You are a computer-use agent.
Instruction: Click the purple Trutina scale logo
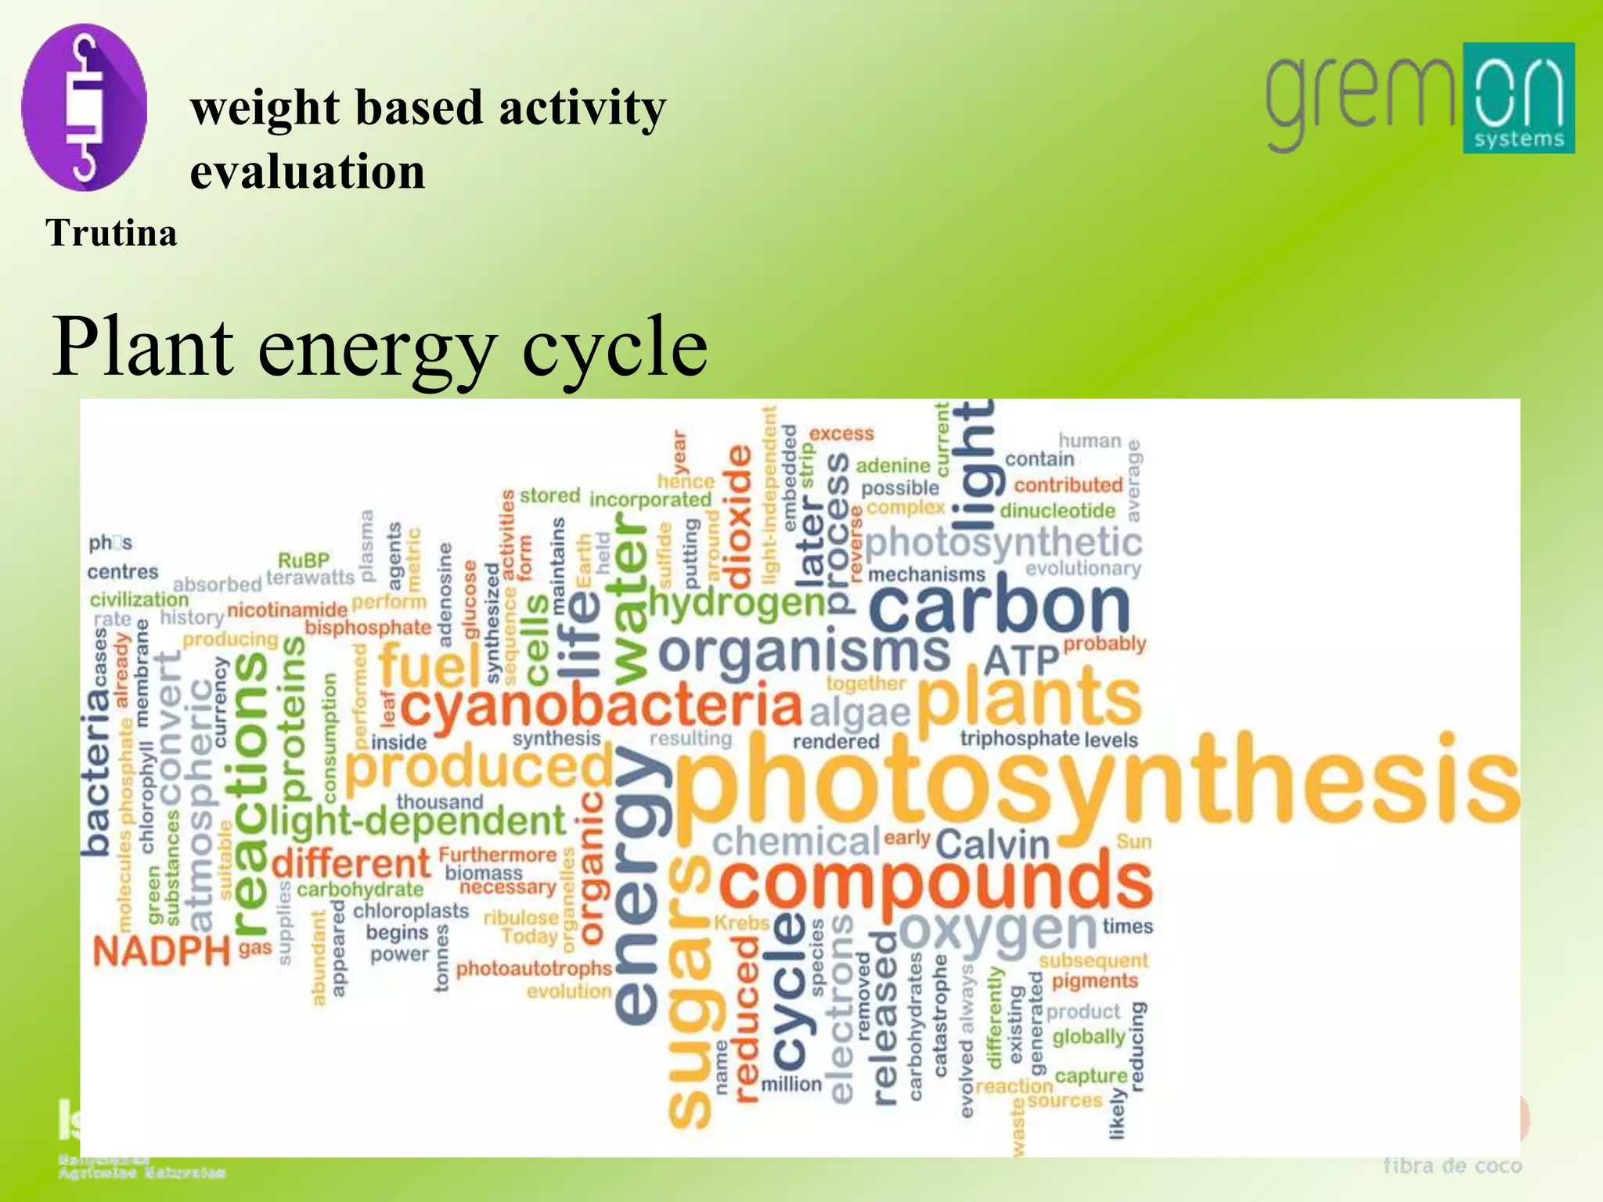coord(84,107)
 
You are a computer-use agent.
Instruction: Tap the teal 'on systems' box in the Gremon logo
coord(1518,98)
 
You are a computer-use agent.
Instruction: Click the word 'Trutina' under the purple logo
coord(111,233)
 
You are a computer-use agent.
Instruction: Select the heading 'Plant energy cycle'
coord(380,346)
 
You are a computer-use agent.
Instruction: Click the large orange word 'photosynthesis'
coord(1096,783)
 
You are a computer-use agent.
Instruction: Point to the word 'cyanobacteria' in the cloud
coord(601,707)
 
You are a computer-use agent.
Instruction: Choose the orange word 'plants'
coord(1028,699)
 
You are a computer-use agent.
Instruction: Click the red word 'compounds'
coord(935,882)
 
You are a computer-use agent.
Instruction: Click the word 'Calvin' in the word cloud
coord(992,845)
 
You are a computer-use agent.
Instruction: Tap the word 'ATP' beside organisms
coord(1020,660)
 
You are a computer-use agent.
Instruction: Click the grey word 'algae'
coord(859,713)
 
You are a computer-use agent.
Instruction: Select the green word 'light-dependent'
coord(417,822)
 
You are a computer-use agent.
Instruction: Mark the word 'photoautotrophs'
coord(534,969)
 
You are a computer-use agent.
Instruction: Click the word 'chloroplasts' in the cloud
coord(411,912)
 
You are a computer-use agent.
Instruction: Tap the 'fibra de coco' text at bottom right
coord(1452,1166)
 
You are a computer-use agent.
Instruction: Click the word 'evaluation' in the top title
coord(308,172)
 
